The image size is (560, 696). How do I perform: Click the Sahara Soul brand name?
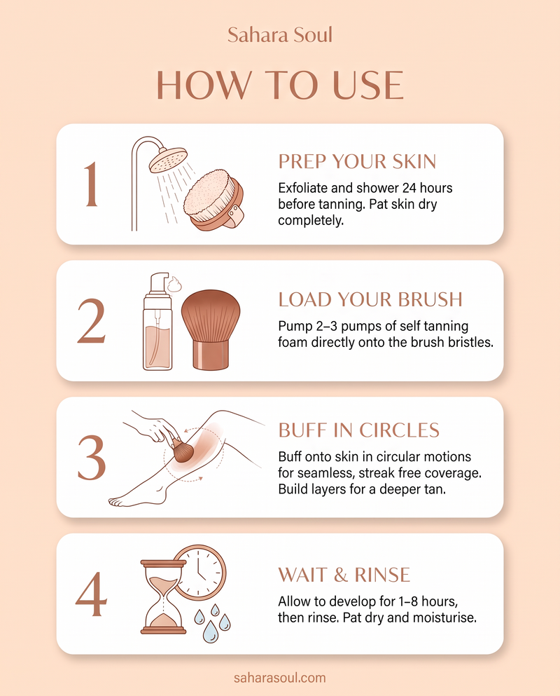280,34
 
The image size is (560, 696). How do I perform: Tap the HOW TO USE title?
280,85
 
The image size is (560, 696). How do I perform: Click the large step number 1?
91,184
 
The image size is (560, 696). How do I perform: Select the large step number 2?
92,321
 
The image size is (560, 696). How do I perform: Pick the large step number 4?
91,594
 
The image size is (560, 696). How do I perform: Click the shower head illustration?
168,161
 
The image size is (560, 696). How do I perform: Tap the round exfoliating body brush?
213,200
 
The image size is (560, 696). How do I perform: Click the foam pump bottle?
157,322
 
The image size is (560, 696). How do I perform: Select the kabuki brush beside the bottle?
211,329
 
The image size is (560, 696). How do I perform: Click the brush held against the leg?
182,451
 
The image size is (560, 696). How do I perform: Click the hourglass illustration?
163,596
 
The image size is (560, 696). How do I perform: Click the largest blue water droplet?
211,632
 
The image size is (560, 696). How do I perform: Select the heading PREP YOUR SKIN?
358,162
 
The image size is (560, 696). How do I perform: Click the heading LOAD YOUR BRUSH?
370,299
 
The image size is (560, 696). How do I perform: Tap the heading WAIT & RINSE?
344,575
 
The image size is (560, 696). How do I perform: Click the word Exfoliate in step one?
303,188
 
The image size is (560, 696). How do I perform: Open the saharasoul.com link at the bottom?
280,678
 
